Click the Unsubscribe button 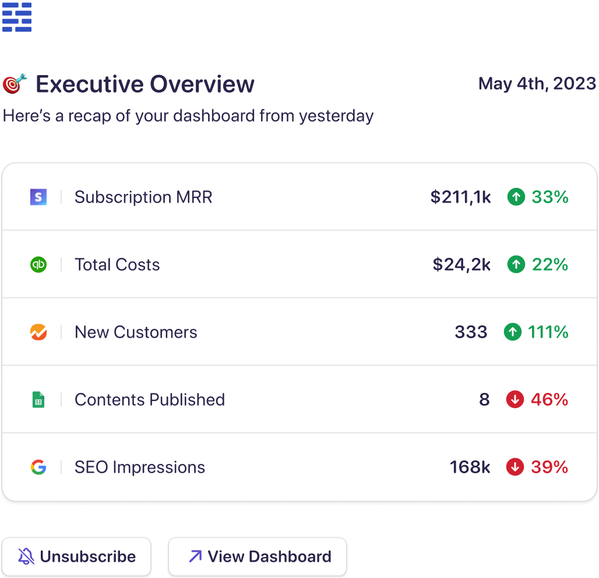[x=76, y=556]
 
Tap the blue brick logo [x=17, y=17]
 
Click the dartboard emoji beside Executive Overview [x=15, y=83]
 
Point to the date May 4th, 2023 [x=537, y=84]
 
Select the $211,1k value [x=460, y=197]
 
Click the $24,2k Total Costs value [x=461, y=265]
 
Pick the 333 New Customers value [x=471, y=332]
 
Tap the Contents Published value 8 [x=484, y=400]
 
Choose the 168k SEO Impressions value [x=470, y=467]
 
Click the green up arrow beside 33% [x=516, y=197]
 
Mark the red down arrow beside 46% [x=515, y=400]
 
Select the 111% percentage [x=548, y=332]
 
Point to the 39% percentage [x=549, y=467]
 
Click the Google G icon [x=38, y=467]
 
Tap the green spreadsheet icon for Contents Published [x=38, y=400]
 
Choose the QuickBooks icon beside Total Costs [x=38, y=265]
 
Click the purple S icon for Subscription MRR [x=38, y=197]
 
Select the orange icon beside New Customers [x=38, y=332]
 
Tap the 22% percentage [x=549, y=265]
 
